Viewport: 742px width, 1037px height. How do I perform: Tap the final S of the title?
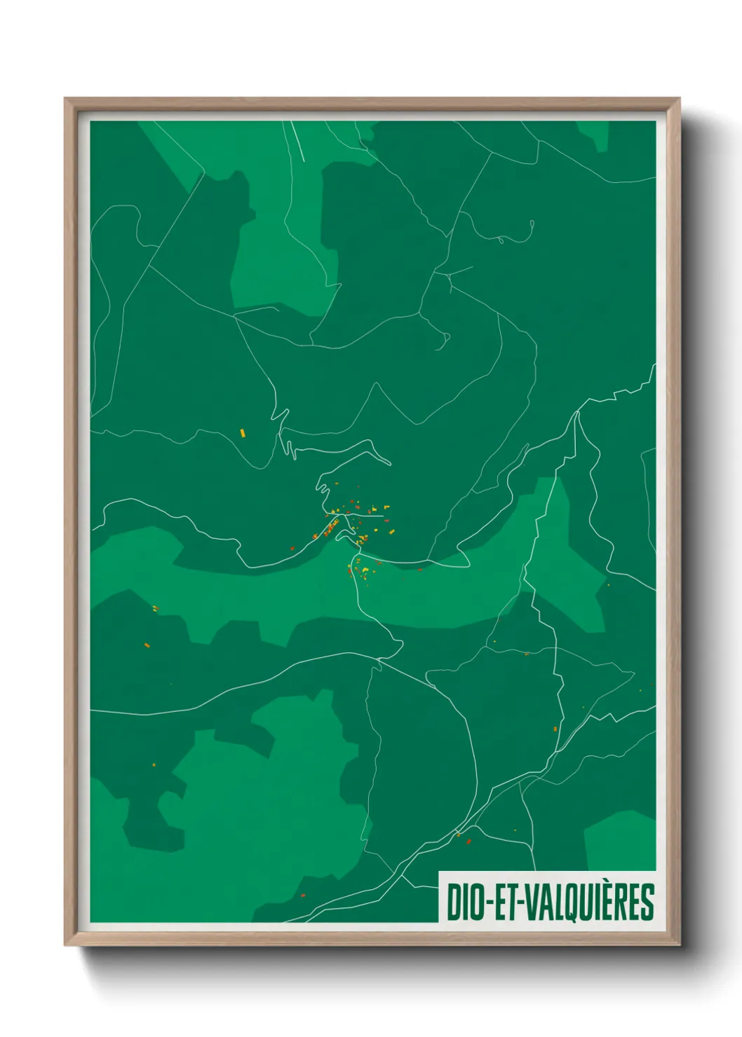pyautogui.click(x=647, y=902)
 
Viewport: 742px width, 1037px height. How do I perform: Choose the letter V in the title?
pyautogui.click(x=532, y=902)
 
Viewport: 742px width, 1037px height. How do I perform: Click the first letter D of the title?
pyautogui.click(x=453, y=902)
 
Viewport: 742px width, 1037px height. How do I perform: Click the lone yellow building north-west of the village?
pyautogui.click(x=243, y=432)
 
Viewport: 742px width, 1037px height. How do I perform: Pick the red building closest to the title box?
pyautogui.click(x=468, y=841)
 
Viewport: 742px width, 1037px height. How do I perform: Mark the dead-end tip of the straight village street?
pyautogui.click(x=383, y=516)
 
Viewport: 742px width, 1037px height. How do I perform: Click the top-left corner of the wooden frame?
pyautogui.click(x=65, y=99)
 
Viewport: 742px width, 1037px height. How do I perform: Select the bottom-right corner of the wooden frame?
pyautogui.click(x=679, y=945)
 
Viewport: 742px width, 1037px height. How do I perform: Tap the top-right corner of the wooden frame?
pyautogui.click(x=679, y=99)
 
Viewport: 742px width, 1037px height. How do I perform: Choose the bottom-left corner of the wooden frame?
pyautogui.click(x=65, y=945)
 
